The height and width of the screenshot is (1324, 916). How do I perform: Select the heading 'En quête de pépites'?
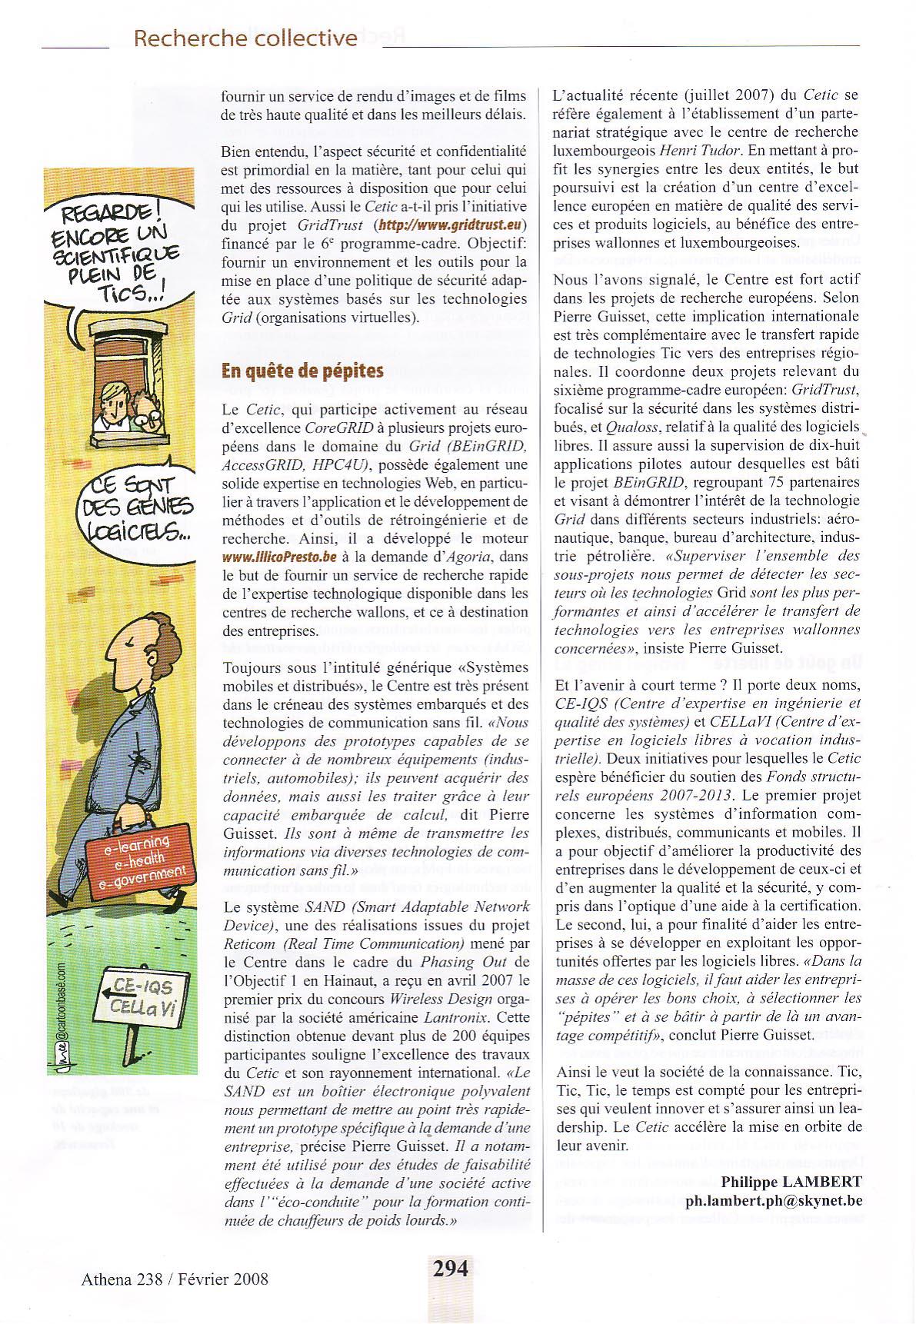pos(302,371)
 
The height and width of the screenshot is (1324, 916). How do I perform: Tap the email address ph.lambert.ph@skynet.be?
pos(774,1200)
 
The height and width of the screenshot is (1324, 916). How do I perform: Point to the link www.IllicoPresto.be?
pos(279,557)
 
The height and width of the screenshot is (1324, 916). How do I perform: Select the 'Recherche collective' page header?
pos(245,38)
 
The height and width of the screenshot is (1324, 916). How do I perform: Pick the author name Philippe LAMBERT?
pos(791,1182)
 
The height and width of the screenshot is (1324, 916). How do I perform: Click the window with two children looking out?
pos(128,385)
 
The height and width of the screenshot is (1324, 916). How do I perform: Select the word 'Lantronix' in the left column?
pos(455,1017)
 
